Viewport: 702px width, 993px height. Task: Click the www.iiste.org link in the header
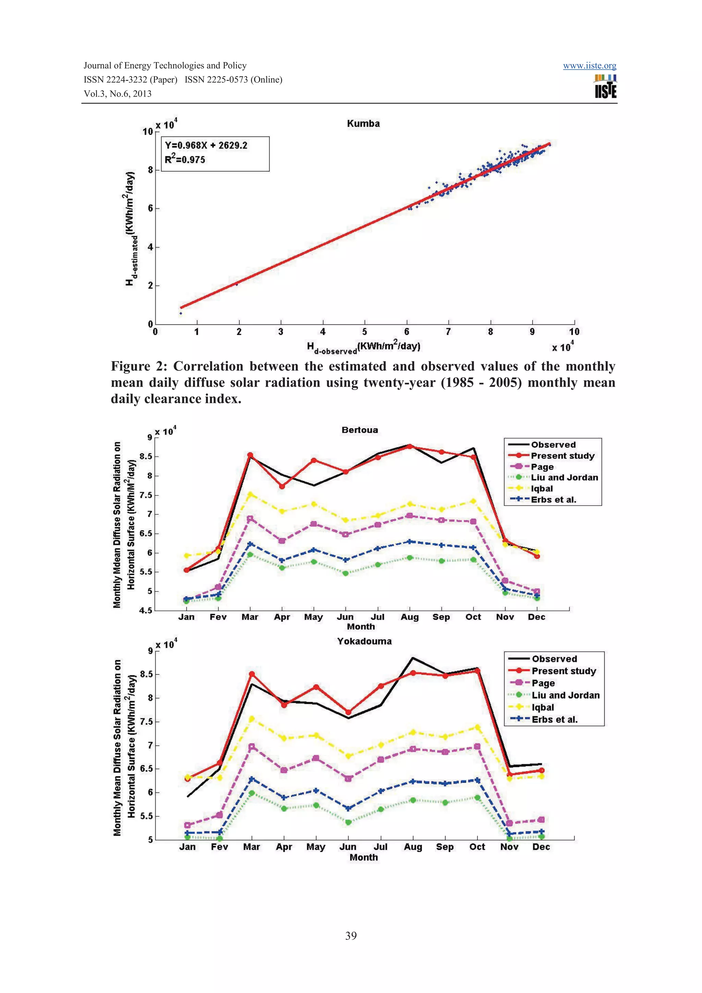(x=589, y=66)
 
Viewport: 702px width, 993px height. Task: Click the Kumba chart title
(x=363, y=124)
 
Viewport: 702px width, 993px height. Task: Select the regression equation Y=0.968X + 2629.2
(x=206, y=145)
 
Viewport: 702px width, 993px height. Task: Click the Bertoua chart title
(x=360, y=430)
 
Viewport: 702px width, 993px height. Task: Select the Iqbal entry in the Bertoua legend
(x=542, y=488)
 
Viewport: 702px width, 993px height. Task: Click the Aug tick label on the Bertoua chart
(x=409, y=617)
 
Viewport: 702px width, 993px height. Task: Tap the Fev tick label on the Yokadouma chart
(x=219, y=846)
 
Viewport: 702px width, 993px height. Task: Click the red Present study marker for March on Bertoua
(x=250, y=455)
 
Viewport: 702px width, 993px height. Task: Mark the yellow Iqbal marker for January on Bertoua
(x=187, y=555)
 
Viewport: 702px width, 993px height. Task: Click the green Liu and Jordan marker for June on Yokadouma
(x=348, y=822)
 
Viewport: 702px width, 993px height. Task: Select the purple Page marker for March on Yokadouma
(x=252, y=747)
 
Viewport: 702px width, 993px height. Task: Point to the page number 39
(x=351, y=935)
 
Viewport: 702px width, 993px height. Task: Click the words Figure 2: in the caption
(x=138, y=366)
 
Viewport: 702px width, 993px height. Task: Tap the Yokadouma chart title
(x=364, y=641)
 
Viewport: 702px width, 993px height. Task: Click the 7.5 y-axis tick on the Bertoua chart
(x=146, y=495)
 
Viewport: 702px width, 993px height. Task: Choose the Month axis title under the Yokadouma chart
(x=363, y=857)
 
